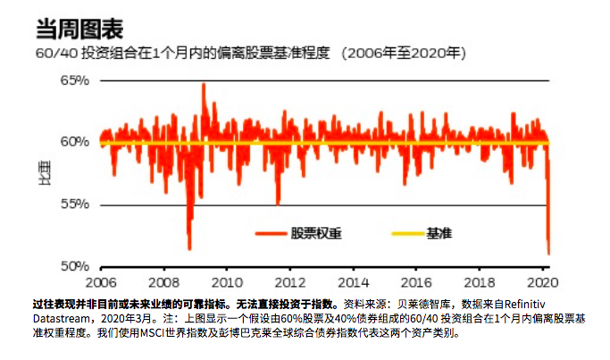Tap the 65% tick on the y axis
pos(75,80)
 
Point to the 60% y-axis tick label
pos(75,142)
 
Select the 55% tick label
pos(75,204)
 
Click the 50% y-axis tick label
pos(75,266)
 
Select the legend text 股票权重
pos(316,233)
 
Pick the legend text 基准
pos(439,233)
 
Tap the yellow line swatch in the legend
pos(405,234)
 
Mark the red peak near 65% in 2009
pos(204,85)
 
